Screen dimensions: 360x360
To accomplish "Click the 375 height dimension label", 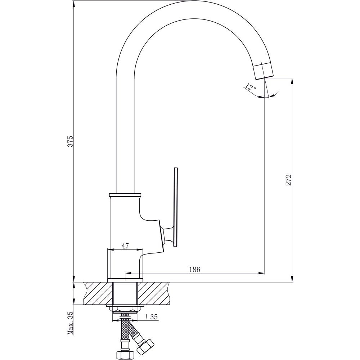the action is pos(71,141).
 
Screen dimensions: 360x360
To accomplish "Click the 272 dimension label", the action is pos(289,180).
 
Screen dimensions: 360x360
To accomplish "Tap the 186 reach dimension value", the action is pos(194,270).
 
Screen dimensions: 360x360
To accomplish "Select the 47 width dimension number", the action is pos(125,246).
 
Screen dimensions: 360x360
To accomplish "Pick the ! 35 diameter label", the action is pos(152,317).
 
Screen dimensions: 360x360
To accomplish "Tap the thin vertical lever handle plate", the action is pos(176,207).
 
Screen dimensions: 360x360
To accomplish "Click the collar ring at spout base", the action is pos(125,195).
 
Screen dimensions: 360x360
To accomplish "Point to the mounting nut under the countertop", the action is pos(125,310).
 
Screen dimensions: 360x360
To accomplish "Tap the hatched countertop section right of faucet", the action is pos(152,293).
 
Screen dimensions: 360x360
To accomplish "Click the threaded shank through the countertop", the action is pos(125,294).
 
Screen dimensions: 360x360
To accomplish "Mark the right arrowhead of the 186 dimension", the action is pos(262,273).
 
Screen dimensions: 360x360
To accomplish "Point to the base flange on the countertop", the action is pos(125,280).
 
